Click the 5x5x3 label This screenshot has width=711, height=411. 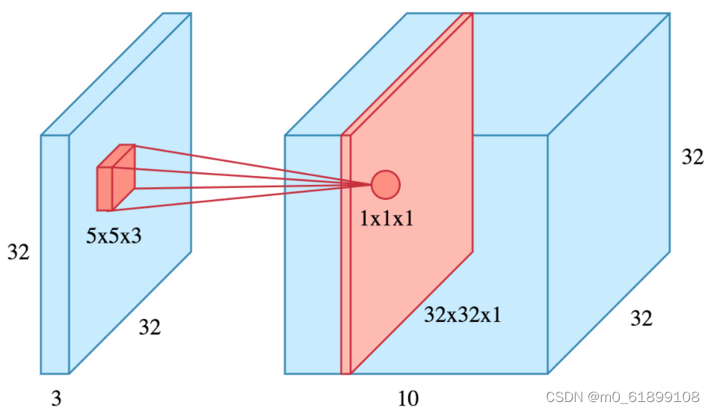click(x=114, y=237)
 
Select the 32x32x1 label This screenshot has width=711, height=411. click(x=462, y=314)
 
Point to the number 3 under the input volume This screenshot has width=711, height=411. click(x=56, y=399)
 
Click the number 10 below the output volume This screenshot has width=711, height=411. click(x=408, y=399)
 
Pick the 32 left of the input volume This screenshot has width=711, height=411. click(x=19, y=252)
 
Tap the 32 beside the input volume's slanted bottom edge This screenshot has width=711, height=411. click(x=150, y=326)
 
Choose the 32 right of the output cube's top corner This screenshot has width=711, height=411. click(x=692, y=157)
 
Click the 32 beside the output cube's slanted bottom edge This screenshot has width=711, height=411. click(x=641, y=319)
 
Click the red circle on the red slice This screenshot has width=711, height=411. click(x=386, y=184)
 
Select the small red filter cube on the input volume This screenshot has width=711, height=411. click(x=114, y=178)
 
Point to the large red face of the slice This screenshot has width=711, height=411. click(x=419, y=247)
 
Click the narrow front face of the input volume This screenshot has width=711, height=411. click(x=55, y=299)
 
